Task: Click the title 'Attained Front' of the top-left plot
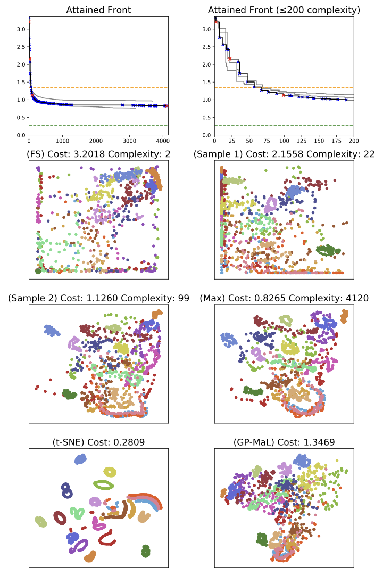(x=98, y=10)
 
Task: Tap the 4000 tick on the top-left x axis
(x=163, y=142)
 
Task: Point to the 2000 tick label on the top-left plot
(x=96, y=142)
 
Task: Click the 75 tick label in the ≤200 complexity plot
(x=267, y=142)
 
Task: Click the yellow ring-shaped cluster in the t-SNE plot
(x=110, y=472)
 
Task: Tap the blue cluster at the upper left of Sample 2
(x=52, y=330)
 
